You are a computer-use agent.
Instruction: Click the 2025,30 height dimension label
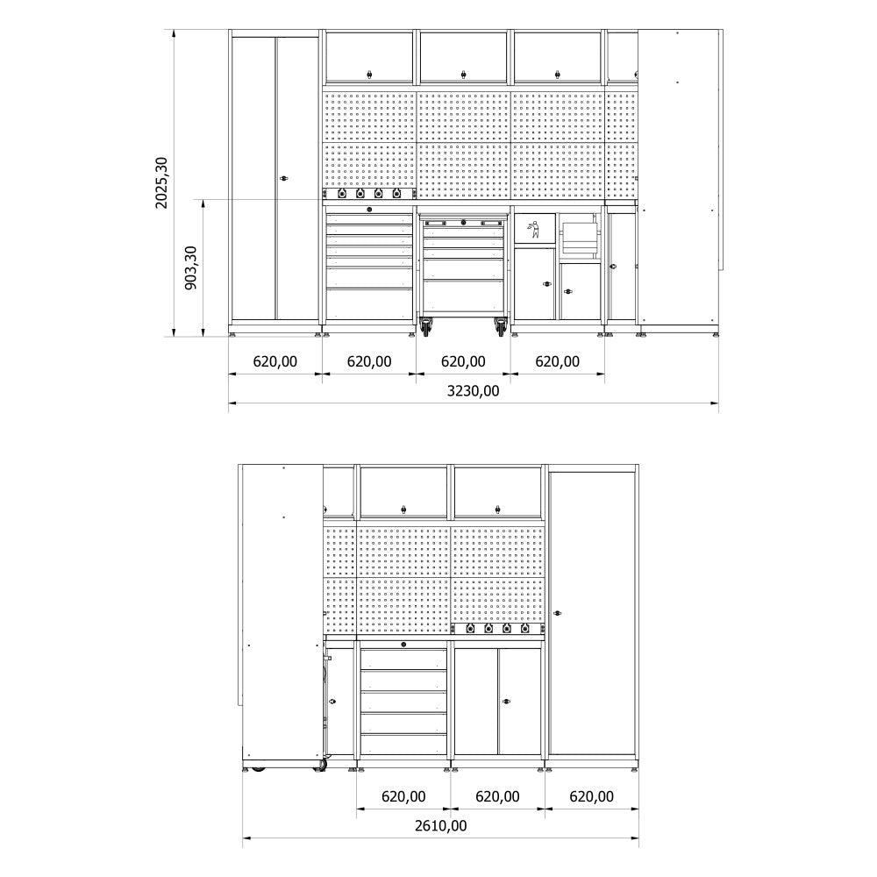(161, 183)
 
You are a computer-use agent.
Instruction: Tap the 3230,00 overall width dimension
(473, 391)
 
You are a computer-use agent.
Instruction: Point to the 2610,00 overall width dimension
(440, 825)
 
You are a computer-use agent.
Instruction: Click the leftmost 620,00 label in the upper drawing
(275, 361)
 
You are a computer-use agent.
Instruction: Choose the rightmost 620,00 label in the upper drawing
(557, 361)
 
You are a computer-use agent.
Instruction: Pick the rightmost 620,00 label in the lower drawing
(591, 796)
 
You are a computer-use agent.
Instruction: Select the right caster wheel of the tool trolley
(501, 328)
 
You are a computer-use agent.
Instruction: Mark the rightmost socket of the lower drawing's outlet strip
(525, 628)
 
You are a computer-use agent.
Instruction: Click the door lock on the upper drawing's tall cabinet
(282, 179)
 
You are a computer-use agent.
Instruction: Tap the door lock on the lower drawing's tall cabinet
(555, 612)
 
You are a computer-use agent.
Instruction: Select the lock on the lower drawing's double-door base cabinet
(504, 700)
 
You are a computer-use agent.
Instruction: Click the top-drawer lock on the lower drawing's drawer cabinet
(403, 645)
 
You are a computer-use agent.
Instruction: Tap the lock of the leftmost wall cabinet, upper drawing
(369, 74)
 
